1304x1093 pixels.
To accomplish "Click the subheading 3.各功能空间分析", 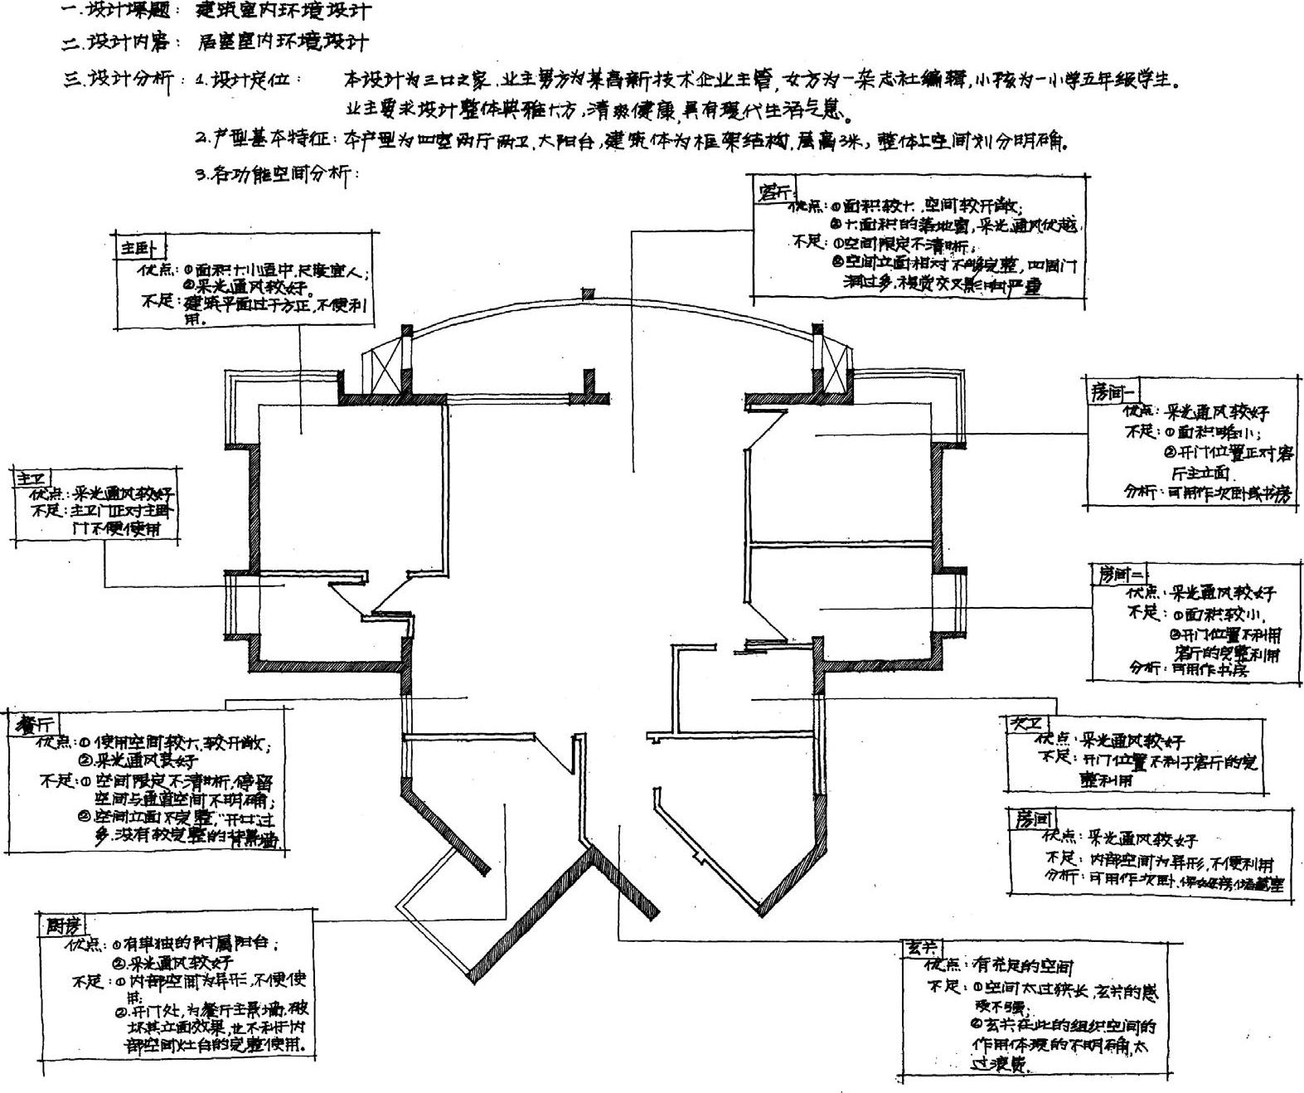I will [x=276, y=175].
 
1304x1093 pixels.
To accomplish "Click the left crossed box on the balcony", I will [x=382, y=368].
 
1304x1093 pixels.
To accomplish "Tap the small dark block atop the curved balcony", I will [x=589, y=294].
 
